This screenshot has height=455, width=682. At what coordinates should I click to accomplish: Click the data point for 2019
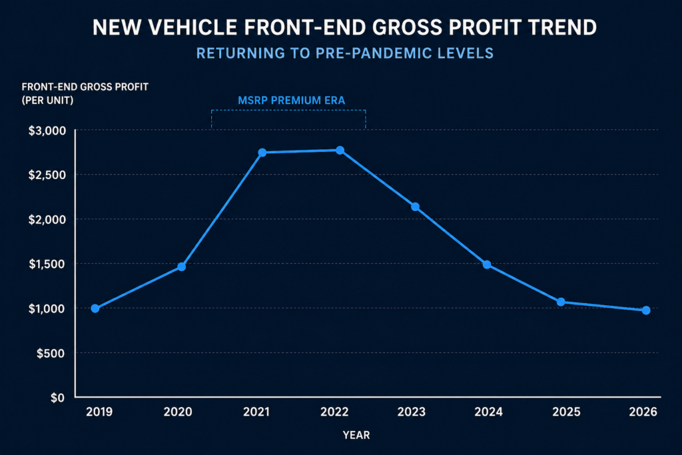[95, 308]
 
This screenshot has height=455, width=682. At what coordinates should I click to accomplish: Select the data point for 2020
[181, 266]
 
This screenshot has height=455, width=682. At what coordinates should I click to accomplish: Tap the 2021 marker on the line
[262, 153]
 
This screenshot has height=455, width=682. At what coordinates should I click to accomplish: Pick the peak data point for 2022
[340, 151]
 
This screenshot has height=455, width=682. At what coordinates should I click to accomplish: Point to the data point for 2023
[416, 207]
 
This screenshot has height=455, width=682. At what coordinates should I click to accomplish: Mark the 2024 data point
[487, 264]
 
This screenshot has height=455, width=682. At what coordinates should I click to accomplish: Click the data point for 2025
[561, 302]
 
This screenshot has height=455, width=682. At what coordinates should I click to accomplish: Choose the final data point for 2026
[646, 310]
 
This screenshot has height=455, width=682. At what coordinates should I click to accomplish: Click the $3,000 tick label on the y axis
[47, 131]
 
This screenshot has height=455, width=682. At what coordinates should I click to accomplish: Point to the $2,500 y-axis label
[47, 175]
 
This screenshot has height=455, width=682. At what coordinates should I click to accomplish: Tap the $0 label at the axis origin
[59, 398]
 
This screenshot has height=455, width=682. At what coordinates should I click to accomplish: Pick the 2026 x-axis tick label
[643, 412]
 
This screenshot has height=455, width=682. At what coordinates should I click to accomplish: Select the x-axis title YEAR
[356, 435]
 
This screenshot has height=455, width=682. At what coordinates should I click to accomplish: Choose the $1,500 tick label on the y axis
[47, 264]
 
